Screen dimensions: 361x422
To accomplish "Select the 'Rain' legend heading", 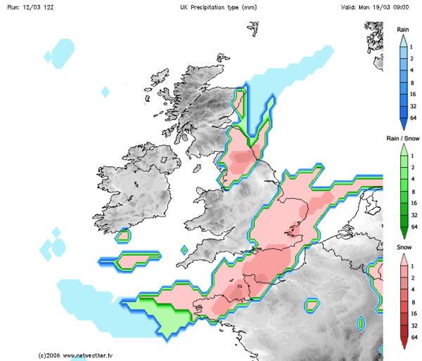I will pos(403,29).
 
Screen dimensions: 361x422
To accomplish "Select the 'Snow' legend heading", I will pos(403,247).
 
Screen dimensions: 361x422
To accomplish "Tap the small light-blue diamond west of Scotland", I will pos(105,91).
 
